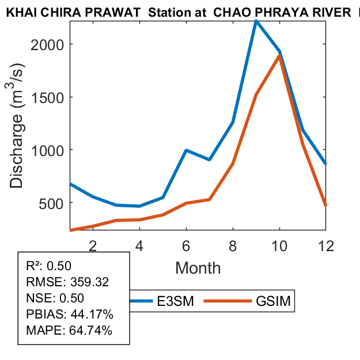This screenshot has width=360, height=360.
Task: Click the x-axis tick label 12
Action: click(325, 245)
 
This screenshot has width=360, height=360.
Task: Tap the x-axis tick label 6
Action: click(186, 245)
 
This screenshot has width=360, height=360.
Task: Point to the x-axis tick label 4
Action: click(139, 245)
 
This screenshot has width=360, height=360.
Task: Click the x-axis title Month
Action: click(198, 267)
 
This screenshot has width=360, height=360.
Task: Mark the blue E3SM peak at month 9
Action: click(256, 21)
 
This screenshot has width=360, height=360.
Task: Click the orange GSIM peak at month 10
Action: click(279, 56)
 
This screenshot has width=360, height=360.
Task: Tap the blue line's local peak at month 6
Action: click(186, 150)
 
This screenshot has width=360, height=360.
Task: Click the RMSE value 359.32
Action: click(89, 282)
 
